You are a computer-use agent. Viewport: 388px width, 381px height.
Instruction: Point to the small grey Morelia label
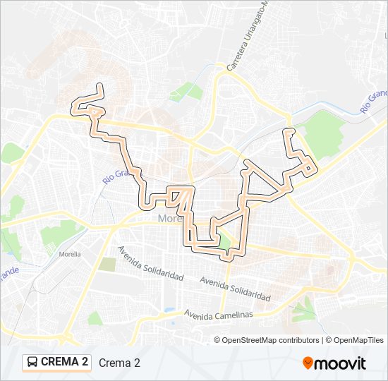70,254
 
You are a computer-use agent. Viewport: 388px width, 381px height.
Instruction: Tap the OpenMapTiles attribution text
359,340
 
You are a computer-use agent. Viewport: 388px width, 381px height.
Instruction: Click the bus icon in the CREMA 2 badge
32,363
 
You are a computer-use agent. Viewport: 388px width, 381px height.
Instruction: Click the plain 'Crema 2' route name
119,363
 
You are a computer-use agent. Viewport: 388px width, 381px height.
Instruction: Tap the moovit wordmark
341,363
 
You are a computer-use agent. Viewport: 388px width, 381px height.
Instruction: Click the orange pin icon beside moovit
308,363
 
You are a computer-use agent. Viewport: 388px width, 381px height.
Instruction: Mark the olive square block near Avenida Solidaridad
107,265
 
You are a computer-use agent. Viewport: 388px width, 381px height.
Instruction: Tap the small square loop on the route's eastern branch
310,168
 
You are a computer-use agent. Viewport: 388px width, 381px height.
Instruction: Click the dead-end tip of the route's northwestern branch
100,86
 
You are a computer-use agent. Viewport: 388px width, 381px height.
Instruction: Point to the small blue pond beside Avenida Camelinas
169,309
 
